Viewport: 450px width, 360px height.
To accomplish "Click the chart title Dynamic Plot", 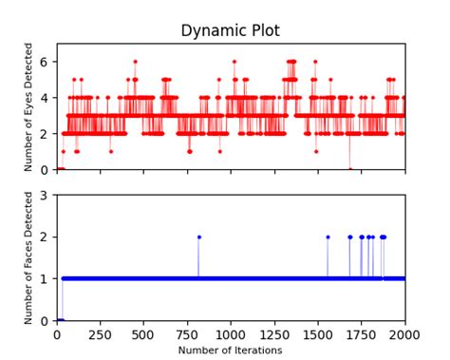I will (230, 31).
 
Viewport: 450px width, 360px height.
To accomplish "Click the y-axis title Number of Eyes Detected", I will (28, 106).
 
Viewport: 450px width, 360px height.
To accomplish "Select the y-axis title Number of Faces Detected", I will (28, 257).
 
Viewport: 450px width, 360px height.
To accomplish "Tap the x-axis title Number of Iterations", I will (231, 351).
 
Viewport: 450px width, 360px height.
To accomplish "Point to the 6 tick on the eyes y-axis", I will (46, 61).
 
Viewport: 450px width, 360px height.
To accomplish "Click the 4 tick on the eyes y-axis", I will (46, 97).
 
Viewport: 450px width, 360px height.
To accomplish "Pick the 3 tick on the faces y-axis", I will (46, 195).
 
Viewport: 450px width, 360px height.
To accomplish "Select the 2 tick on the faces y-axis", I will (46, 237).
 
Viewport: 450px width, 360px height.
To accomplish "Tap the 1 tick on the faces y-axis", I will (46, 278).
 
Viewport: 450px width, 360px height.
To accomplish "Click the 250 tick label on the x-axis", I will (101, 334).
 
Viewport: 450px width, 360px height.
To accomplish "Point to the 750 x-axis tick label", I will (187, 334).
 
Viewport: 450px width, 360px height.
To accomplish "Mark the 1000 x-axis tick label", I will (231, 334).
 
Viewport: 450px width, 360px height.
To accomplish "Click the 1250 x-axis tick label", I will (274, 334).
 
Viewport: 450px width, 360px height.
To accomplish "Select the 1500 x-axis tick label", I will (318, 334).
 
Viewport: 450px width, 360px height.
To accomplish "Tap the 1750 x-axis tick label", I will (362, 334).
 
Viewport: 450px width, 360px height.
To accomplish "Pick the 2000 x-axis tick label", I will (404, 334).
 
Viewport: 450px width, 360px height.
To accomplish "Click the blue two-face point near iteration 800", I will (198, 237).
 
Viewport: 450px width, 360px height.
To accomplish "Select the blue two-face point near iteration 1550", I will (328, 237).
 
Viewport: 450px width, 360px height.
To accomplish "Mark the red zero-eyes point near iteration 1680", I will (349, 169).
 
